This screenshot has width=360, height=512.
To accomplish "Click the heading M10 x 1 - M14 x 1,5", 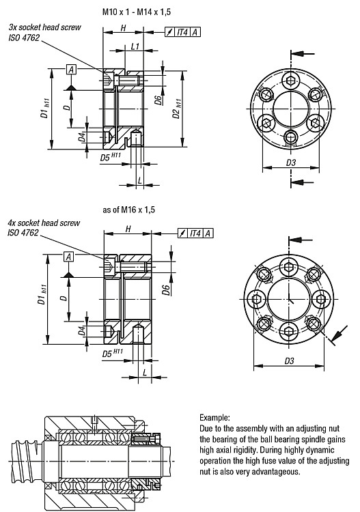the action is pos(137,12).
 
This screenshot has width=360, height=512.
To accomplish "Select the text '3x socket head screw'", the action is pos(45,27).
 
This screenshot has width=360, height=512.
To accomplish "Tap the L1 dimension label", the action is pos(135,46).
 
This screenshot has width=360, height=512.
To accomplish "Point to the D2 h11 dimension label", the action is pos(177,109).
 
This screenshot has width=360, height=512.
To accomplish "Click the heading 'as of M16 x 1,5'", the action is pos(128,210).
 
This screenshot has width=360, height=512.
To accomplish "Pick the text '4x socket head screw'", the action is pos(44,223).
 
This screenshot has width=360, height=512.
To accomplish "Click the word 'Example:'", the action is pos(214,417).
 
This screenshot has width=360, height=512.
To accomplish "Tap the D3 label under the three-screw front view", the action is pos(291,162).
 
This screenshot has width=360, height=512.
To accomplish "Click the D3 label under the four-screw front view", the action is pos(289,360).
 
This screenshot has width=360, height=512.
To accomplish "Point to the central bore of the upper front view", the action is pos(291,109).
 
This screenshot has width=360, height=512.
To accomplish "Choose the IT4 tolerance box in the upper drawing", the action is pos(182,32).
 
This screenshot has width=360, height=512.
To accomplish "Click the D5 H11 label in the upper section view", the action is pos(111,157).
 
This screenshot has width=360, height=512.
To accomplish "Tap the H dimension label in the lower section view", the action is pos(128,229).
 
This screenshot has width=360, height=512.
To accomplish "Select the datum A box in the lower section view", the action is pos(68,257).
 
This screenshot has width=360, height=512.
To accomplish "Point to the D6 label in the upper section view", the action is pos(158,100).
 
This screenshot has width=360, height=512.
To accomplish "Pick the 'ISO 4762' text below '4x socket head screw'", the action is pos(23,233).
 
